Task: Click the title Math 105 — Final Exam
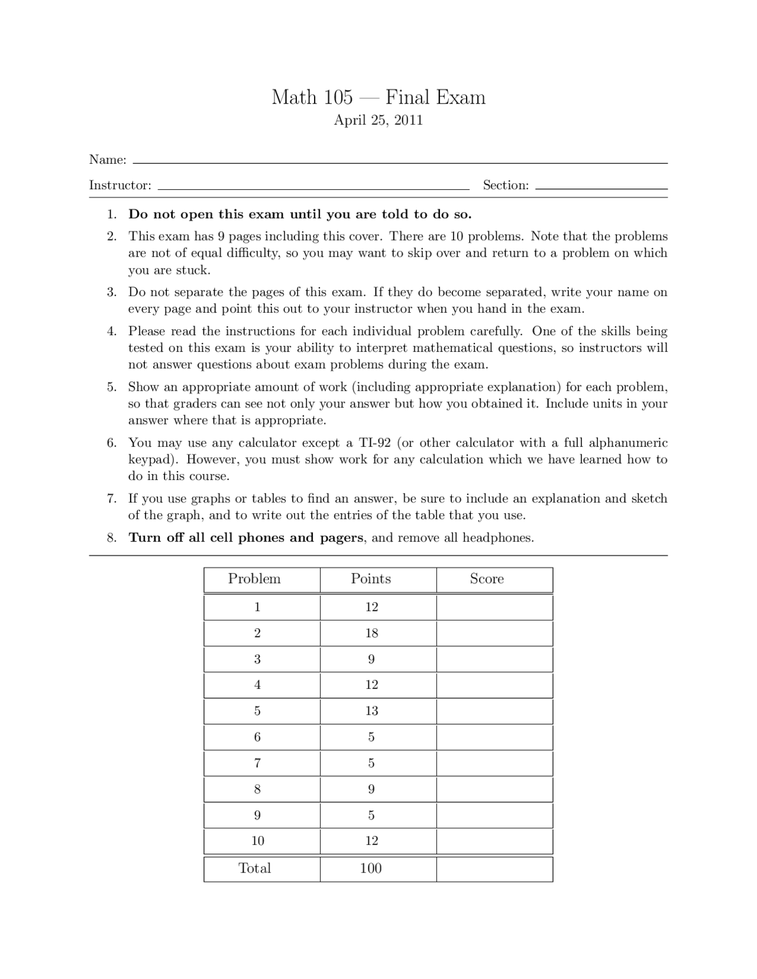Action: (x=378, y=98)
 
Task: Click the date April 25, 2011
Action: (x=378, y=121)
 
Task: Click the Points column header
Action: (x=371, y=579)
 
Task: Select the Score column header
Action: (x=487, y=579)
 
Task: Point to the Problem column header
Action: (x=254, y=579)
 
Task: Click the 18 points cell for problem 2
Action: (x=371, y=633)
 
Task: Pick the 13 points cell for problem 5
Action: (x=371, y=711)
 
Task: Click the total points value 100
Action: (x=371, y=868)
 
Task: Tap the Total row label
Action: (x=254, y=868)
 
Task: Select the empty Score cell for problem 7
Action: (x=494, y=763)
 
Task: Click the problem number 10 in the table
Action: (x=257, y=841)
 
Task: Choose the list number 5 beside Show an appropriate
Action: (x=111, y=388)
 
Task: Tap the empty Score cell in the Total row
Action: (x=494, y=868)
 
